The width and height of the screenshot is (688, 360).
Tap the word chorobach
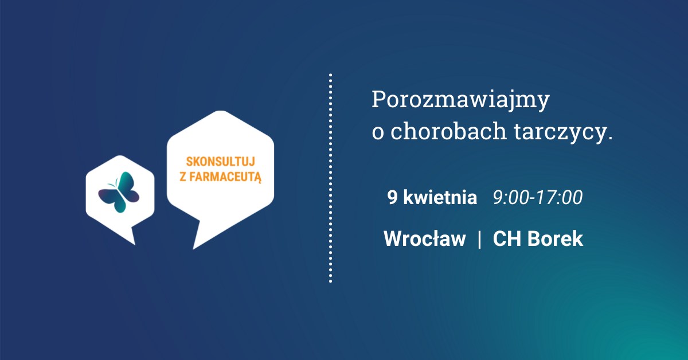tap(448, 131)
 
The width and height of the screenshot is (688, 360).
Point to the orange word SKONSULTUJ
tap(221, 162)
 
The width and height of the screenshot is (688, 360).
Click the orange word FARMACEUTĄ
tap(225, 177)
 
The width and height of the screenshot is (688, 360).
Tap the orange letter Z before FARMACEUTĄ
tap(183, 177)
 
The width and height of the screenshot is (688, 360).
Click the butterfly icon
tap(119, 192)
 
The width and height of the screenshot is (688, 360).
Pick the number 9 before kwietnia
tap(392, 197)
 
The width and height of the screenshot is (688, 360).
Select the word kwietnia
tap(440, 197)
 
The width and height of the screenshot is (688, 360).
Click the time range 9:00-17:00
tap(538, 197)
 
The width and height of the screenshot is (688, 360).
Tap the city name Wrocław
tap(425, 238)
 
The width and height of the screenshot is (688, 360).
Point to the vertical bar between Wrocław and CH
tap(479, 239)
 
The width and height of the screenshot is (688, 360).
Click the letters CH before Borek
tap(507, 238)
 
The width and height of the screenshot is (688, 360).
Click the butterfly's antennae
tap(112, 183)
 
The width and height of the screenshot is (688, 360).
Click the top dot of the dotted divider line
tap(330, 75)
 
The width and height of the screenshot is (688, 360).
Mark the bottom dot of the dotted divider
tap(330, 281)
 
